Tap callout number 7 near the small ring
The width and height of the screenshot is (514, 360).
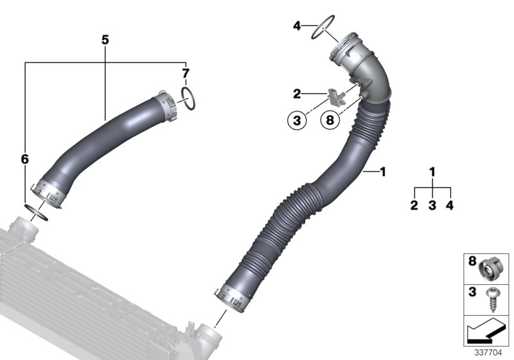click(x=185, y=72)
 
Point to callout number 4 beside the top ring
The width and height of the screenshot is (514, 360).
click(x=297, y=26)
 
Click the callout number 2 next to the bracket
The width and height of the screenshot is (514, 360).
click(x=297, y=94)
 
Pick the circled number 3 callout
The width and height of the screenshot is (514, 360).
click(x=297, y=120)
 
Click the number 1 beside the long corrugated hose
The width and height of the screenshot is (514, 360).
click(x=383, y=172)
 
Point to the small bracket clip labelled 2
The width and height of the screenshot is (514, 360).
click(x=336, y=96)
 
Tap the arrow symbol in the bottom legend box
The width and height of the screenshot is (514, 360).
click(x=487, y=332)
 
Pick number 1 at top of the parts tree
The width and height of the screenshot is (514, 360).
click(x=432, y=172)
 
